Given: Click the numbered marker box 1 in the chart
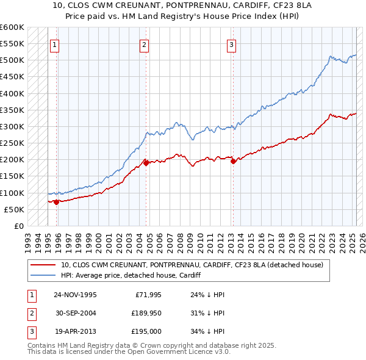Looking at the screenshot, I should (x=55, y=44).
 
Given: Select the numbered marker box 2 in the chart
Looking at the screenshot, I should (x=144, y=44).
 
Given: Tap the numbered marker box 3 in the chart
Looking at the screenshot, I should (x=232, y=44).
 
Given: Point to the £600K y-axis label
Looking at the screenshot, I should (x=12, y=27).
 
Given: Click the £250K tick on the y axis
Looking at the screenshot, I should (x=12, y=143).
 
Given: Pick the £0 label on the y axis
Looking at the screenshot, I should (x=19, y=226).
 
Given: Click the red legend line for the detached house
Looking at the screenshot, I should (x=43, y=265).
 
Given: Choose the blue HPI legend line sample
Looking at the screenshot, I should (x=43, y=275).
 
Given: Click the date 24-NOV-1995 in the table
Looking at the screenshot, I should (x=75, y=295).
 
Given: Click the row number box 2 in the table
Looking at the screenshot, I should (x=30, y=313).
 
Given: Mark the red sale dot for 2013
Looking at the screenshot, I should (x=233, y=161).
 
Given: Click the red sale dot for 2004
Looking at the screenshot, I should (x=146, y=163).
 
